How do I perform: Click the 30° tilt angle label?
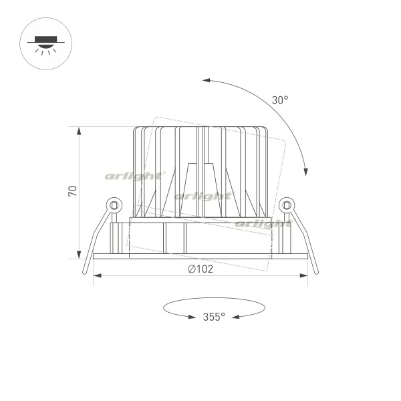pyautogui.click(x=280, y=100)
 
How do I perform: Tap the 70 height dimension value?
pyautogui.click(x=73, y=191)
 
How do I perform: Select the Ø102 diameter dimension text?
pyautogui.click(x=200, y=269)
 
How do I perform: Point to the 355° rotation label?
pyautogui.click(x=214, y=317)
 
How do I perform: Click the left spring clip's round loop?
pyautogui.click(x=114, y=205)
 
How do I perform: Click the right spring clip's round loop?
pyautogui.click(x=287, y=205)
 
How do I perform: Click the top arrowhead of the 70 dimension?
pyautogui.click(x=79, y=131)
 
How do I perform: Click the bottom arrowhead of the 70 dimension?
pyautogui.click(x=79, y=255)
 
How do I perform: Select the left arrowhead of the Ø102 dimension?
pyautogui.click(x=98, y=275)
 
